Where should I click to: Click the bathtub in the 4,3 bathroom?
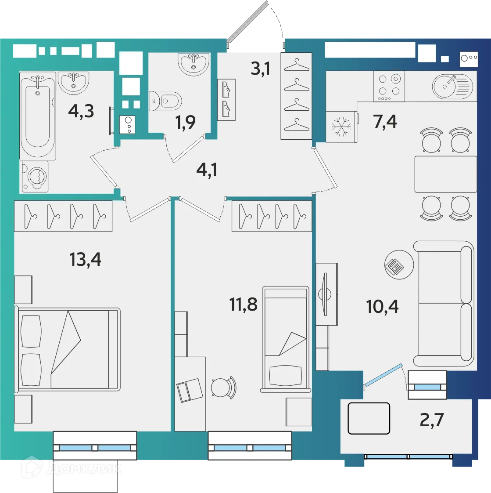(38, 116)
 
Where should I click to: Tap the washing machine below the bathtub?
(35, 176)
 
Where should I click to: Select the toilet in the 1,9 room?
(165, 101)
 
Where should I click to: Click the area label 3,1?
(261, 69)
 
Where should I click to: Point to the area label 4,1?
(207, 170)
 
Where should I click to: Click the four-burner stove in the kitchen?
(389, 86)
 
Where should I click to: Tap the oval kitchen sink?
(452, 86)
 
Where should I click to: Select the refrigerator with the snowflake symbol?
(341, 127)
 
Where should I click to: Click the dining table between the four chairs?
(445, 174)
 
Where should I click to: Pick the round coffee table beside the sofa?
(399, 265)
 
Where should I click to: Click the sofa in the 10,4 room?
(444, 304)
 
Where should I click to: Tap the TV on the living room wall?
(325, 294)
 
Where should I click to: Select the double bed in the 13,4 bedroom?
(68, 349)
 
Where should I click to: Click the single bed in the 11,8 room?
(285, 339)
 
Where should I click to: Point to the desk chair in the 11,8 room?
(223, 388)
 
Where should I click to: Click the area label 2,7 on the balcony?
(432, 420)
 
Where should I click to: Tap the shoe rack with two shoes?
(226, 100)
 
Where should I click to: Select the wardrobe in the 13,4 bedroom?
(63, 216)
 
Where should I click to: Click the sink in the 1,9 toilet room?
(194, 64)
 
